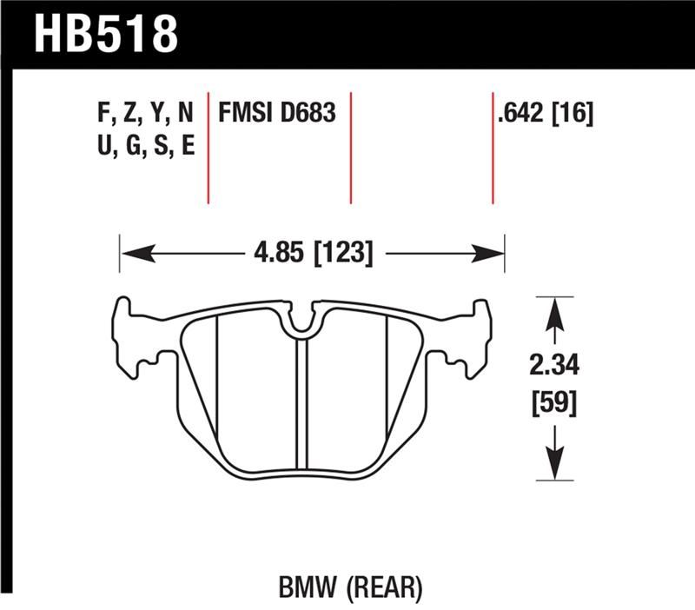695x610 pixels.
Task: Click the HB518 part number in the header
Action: pos(105,34)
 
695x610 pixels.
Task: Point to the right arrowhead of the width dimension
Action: pos(492,255)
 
